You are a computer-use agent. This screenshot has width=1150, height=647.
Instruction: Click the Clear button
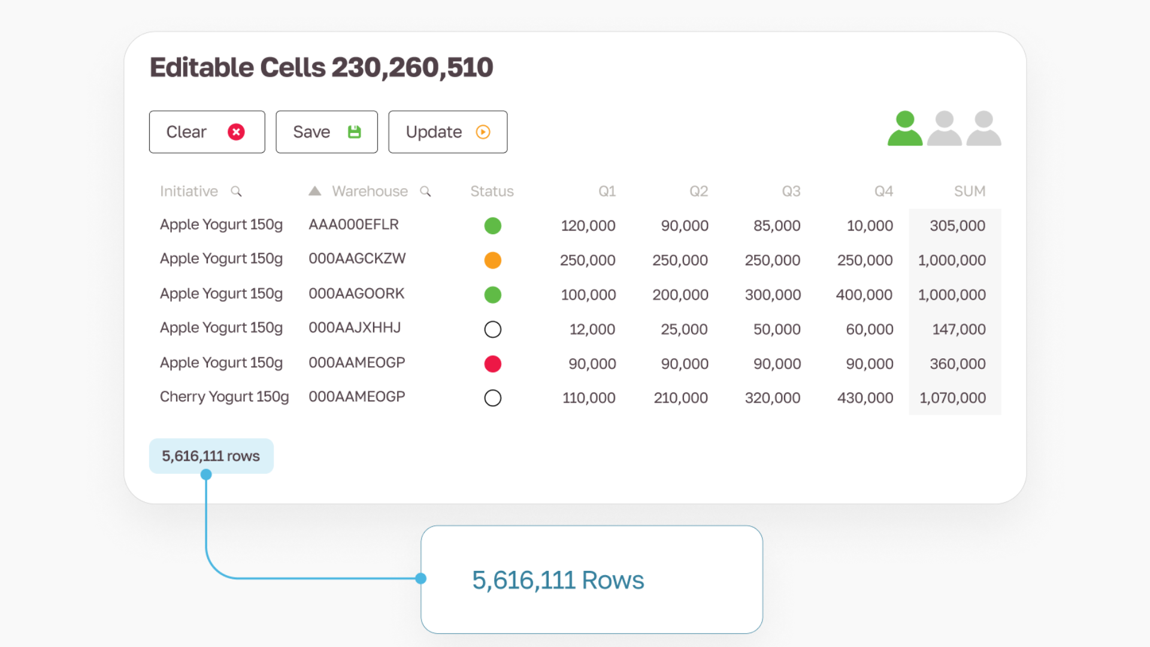pyautogui.click(x=207, y=132)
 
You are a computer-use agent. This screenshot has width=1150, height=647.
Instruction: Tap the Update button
pyautogui.click(x=447, y=132)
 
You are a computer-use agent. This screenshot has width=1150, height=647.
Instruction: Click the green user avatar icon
pyautogui.click(x=904, y=128)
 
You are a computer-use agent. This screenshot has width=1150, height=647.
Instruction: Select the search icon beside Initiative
pyautogui.click(x=237, y=191)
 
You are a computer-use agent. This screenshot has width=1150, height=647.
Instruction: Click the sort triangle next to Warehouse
pyautogui.click(x=315, y=191)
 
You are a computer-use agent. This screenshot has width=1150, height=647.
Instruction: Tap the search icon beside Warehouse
pyautogui.click(x=425, y=191)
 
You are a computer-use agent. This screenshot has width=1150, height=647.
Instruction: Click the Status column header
pyautogui.click(x=492, y=191)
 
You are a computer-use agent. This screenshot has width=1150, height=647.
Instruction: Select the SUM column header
pyautogui.click(x=970, y=191)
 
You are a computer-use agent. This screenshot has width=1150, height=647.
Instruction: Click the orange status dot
pyautogui.click(x=492, y=260)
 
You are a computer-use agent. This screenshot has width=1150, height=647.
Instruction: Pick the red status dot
pyautogui.click(x=492, y=364)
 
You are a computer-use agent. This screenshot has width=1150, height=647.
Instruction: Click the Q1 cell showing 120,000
pyautogui.click(x=588, y=226)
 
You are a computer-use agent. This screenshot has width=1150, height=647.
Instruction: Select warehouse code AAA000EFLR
pyautogui.click(x=353, y=225)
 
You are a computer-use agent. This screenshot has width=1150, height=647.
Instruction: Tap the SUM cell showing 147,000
pyautogui.click(x=959, y=329)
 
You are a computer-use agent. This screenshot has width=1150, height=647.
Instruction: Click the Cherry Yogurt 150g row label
pyautogui.click(x=224, y=397)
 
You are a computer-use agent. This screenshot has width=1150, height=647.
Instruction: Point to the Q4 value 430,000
pyautogui.click(x=865, y=398)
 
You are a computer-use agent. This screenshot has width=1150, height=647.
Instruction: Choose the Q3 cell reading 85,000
pyautogui.click(x=777, y=226)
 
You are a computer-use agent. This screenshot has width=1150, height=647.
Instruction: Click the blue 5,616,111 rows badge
pyautogui.click(x=211, y=456)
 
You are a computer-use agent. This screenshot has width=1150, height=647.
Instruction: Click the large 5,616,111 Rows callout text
pyautogui.click(x=558, y=580)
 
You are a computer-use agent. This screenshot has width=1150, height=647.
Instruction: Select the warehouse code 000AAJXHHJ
pyautogui.click(x=355, y=328)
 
